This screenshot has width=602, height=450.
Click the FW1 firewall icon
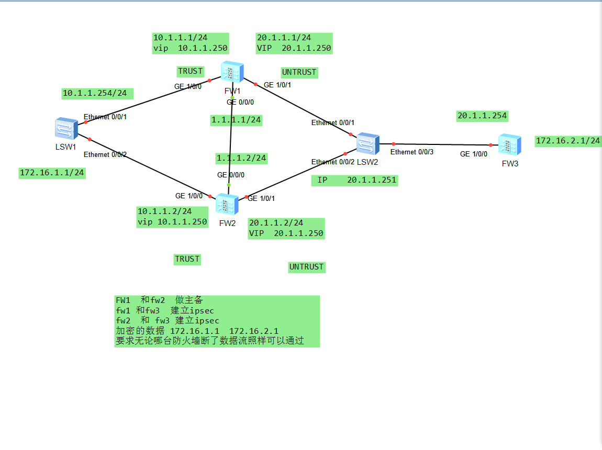click(x=232, y=72)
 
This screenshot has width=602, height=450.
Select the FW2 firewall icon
click(x=227, y=204)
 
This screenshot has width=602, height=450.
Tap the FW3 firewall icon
click(x=509, y=145)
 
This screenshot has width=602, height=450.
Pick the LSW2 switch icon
click(x=367, y=143)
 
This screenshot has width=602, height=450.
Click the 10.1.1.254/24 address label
click(x=95, y=93)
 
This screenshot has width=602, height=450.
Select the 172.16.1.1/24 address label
click(x=52, y=173)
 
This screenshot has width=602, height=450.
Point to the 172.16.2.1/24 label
click(x=567, y=141)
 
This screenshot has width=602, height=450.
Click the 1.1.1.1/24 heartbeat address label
click(x=236, y=120)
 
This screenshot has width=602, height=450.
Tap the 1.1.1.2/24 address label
click(x=241, y=158)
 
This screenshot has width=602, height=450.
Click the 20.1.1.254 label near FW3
click(x=482, y=116)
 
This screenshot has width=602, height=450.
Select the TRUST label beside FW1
click(x=190, y=71)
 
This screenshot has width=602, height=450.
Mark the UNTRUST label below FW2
click(x=306, y=267)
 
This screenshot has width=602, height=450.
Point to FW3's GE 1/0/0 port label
click(x=473, y=154)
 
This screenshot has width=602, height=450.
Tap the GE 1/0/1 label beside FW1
click(x=277, y=85)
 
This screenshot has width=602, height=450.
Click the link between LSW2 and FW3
click(x=440, y=144)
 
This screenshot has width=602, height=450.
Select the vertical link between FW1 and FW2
click(x=230, y=139)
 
